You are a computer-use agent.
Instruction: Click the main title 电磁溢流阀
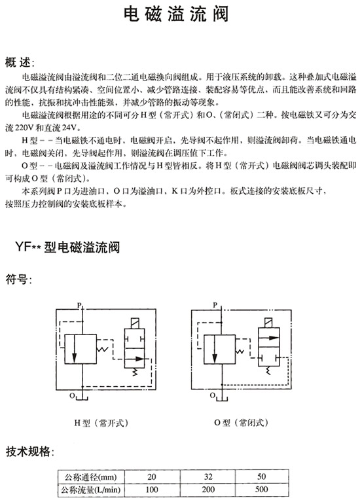pos(176,14)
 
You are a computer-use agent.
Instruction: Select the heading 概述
pos(19,62)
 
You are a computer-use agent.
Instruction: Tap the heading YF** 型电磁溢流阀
pos(67,247)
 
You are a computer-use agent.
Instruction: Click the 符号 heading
pos(18,279)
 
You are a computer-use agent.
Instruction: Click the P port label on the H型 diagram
pos(80,304)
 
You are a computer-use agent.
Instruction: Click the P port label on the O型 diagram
pos(215,305)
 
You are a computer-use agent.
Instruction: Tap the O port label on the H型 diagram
pos(72,396)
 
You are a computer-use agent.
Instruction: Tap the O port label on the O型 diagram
pos(213,395)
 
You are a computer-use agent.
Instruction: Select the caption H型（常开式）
pos(101,423)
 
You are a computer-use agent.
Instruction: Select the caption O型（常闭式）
pos(241,422)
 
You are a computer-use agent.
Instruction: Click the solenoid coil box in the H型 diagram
pos(134,323)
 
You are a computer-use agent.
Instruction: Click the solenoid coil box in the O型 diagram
pos(268,323)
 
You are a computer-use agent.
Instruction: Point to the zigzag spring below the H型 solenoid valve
pos(135,372)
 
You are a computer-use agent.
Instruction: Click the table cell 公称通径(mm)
pos(91,477)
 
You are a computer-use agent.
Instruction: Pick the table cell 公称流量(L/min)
pos(91,490)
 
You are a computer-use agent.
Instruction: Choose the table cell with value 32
pos(208,477)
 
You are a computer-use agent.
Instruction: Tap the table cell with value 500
pos(262,490)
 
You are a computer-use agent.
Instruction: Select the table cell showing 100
pos(152,490)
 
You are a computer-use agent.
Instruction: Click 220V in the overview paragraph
pos(24,128)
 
